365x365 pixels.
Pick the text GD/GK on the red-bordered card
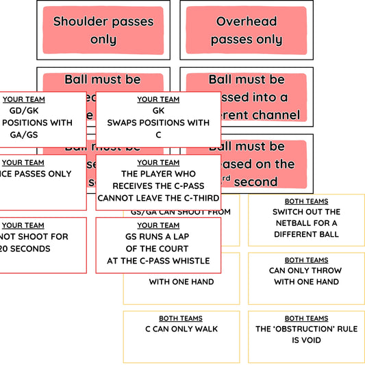[x=23, y=111]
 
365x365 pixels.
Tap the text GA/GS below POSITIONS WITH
[x=23, y=135]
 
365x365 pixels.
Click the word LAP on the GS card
[x=184, y=237]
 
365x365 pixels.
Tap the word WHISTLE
[x=188, y=261]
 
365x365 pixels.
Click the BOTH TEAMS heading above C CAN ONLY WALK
[x=181, y=318]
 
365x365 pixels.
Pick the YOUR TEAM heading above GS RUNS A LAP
[x=158, y=225]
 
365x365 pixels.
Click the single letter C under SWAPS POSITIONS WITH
[x=158, y=135]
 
